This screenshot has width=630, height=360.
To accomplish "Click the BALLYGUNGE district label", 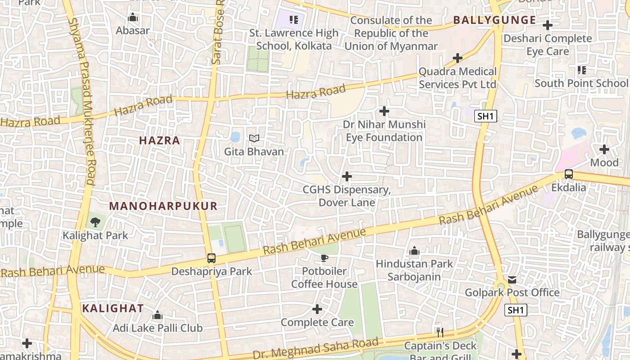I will click(495, 20).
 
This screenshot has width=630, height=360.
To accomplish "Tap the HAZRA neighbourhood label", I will click(159, 140).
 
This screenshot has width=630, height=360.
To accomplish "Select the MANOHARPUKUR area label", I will click(163, 206).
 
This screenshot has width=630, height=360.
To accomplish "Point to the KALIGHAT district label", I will click(113, 309).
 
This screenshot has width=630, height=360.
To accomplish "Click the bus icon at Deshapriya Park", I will click(211, 258).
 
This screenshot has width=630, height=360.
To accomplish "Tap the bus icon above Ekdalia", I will click(569, 174).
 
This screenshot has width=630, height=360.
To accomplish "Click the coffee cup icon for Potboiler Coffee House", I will click(324, 258).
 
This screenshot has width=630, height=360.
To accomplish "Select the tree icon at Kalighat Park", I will click(95, 222).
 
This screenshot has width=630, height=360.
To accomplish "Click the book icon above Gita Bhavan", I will click(254, 139).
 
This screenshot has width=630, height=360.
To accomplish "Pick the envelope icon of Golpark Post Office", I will click(512, 280).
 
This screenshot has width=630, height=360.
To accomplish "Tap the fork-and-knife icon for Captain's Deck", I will click(440, 333).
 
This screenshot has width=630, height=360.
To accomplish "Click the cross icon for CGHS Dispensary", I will click(347, 176).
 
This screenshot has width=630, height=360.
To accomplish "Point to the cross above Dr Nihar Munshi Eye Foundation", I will click(384, 111).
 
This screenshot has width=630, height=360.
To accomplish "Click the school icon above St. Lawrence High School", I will click(294, 20).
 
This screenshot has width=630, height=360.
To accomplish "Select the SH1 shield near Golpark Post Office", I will click(515, 310).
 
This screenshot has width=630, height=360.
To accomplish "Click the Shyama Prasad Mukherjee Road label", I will click(83, 101).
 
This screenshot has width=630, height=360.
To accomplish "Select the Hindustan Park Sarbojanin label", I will click(414, 270).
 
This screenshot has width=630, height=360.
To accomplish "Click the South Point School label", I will click(580, 83).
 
